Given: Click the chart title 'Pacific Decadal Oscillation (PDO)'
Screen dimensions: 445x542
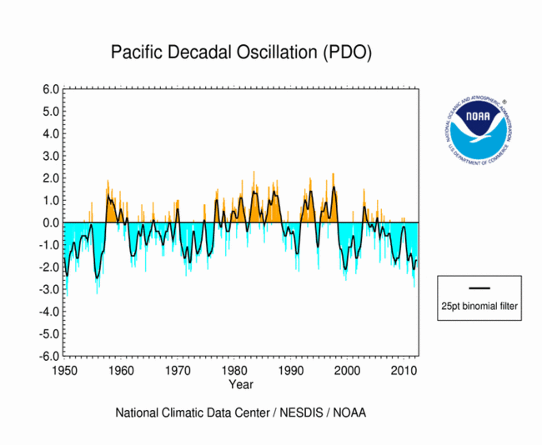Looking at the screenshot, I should [x=241, y=52].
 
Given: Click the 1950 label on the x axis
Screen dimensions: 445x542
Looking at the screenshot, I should [x=65, y=369].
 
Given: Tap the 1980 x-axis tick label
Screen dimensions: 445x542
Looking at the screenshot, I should [x=234, y=369].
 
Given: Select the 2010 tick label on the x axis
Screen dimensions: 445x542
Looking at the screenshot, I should [x=404, y=369].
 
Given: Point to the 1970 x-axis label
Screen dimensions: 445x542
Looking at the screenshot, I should [x=178, y=369].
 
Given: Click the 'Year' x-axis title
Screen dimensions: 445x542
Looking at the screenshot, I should [x=241, y=384].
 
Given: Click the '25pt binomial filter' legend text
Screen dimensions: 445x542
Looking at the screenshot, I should [x=479, y=307].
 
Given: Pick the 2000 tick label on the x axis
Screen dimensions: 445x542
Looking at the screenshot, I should [x=348, y=369].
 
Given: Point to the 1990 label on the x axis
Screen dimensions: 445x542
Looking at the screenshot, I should [x=291, y=369].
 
